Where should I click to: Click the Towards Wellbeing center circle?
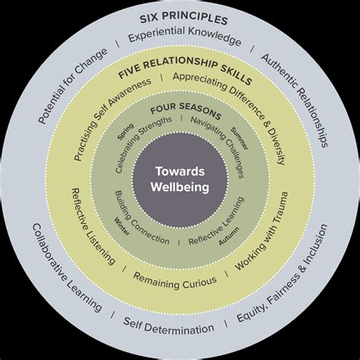point(180,180)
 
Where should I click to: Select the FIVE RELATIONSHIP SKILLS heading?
point(185,72)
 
